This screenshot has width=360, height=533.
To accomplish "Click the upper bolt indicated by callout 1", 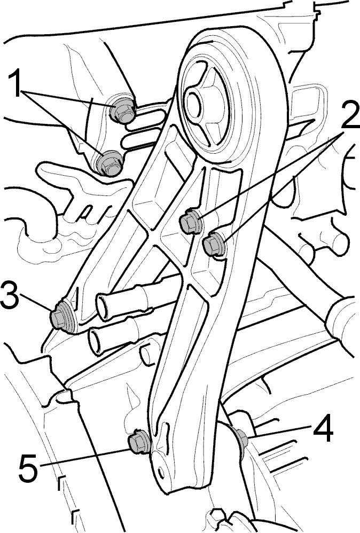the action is click(123, 110).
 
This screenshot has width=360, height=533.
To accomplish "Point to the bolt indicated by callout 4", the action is click(242, 437).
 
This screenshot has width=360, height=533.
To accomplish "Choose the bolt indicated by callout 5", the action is click(139, 442).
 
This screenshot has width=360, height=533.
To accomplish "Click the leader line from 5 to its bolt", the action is click(84, 457).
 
